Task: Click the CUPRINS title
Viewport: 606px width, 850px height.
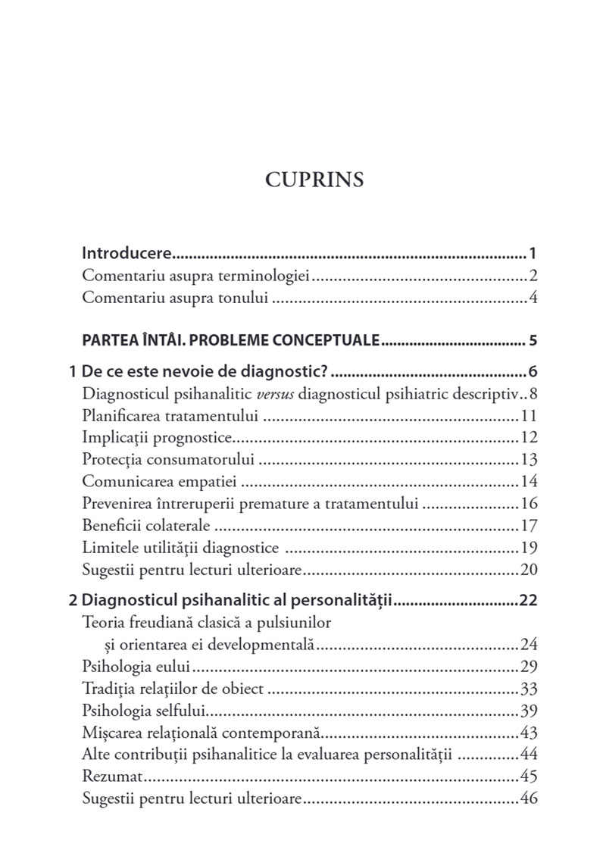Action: [314, 180]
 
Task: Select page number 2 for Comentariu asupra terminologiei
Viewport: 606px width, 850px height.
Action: [533, 275]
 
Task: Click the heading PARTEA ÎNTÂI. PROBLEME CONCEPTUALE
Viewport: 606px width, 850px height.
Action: [230, 340]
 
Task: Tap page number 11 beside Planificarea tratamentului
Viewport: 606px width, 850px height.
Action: [529, 416]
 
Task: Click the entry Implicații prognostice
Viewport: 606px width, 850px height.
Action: [157, 437]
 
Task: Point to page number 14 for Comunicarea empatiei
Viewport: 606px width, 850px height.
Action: [529, 481]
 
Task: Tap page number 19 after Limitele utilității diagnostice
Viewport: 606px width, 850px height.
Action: [529, 547]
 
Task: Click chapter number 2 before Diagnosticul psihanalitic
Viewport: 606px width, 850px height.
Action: [73, 602]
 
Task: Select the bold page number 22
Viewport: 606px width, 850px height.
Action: [528, 602]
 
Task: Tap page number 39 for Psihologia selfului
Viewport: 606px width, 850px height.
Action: [529, 711]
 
